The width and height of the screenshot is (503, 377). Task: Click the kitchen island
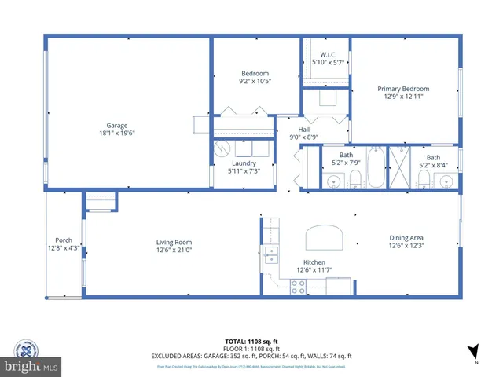325,236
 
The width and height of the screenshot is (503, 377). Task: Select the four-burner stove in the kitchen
299,288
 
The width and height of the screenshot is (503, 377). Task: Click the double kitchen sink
272,253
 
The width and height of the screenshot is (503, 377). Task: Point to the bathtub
376,167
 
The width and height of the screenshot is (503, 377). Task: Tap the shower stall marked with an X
400,167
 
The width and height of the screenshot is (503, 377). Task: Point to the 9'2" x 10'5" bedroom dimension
254,81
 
